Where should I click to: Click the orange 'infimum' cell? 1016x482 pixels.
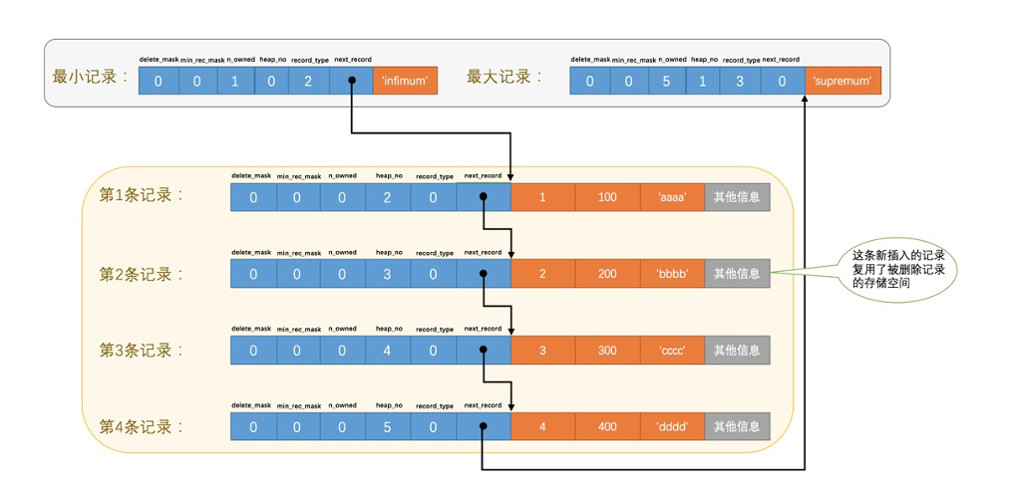[x=405, y=81]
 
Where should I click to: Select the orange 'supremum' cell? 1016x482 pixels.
[x=843, y=81]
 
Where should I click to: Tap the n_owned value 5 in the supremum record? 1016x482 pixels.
[x=666, y=81]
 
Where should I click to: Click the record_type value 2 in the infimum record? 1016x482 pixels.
[x=308, y=81]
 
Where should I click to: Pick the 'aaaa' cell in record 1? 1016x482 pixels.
[x=672, y=197]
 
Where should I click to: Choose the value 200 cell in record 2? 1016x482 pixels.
[x=607, y=274]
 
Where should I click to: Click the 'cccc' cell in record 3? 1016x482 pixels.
[x=672, y=351]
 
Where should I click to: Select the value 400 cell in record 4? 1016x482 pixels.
[x=607, y=426]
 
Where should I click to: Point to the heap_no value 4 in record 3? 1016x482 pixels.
[x=388, y=351]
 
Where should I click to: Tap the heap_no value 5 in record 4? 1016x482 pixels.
[x=388, y=426]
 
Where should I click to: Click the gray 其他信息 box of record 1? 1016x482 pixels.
[x=737, y=197]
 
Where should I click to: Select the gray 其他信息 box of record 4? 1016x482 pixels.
[x=737, y=426]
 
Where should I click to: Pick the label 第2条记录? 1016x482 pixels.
[x=142, y=274]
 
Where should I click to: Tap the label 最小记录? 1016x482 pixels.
[x=90, y=77]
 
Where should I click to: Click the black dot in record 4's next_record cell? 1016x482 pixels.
[x=483, y=426]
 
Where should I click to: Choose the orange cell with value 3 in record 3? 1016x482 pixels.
[x=542, y=351]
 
